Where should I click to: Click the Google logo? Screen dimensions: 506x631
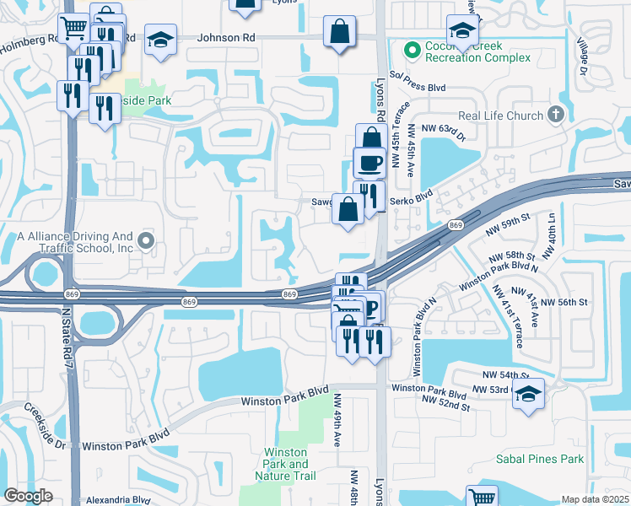[x=28, y=496]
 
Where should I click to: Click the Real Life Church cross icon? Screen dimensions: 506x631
[x=555, y=115]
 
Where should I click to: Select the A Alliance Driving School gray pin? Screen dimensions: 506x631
[x=146, y=242]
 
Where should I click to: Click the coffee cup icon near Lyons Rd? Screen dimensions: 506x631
[x=369, y=161]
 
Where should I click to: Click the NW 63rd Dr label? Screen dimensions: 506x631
[x=444, y=127]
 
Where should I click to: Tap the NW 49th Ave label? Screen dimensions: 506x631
[x=337, y=419]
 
